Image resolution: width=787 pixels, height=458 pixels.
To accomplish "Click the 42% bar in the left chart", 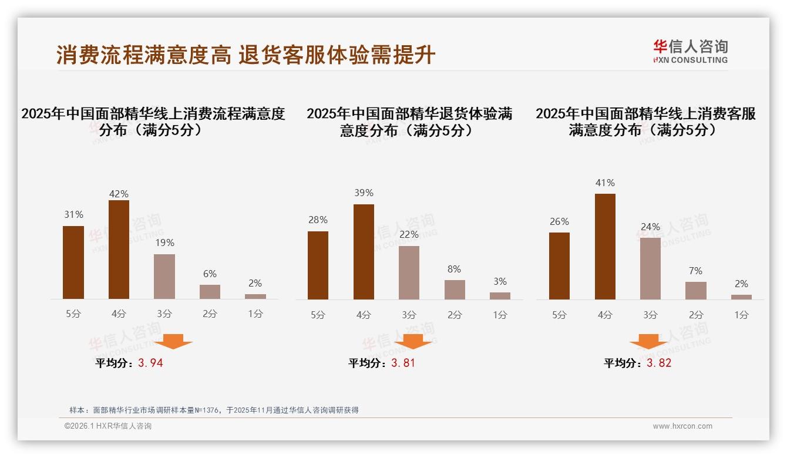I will coord(119,250).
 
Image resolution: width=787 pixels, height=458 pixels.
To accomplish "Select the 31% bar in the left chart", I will coord(73,262).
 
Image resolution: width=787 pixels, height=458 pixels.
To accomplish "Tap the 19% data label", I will coord(164,243).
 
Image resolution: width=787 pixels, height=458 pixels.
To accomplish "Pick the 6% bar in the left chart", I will coord(210,292).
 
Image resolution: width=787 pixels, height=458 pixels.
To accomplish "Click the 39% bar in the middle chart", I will coord(364,252).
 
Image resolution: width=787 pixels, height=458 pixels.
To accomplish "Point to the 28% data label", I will coord(318,220).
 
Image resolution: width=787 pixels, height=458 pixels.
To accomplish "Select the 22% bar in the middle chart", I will coord(409,272).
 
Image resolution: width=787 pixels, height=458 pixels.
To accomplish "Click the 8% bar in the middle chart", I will coord(455,289).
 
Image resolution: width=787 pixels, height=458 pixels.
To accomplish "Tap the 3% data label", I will coord(500,281).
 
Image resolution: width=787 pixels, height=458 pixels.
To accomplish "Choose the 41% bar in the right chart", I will coord(605,247).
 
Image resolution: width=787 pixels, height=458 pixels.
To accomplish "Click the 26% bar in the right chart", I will coord(559,266).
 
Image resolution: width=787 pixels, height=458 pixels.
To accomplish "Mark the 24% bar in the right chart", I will coord(650,268).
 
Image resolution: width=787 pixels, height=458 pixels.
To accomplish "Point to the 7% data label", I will coord(696,271).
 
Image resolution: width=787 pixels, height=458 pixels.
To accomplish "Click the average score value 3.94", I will coord(150,363).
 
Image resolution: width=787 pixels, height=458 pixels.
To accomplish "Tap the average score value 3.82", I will coord(659,363).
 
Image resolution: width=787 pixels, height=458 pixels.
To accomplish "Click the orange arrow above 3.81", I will coord(413,341).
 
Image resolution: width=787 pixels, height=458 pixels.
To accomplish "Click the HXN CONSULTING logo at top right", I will coord(690,52).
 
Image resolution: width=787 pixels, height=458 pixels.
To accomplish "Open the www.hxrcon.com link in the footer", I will coord(682,426).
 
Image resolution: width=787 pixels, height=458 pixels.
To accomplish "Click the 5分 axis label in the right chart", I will coord(559,315).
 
